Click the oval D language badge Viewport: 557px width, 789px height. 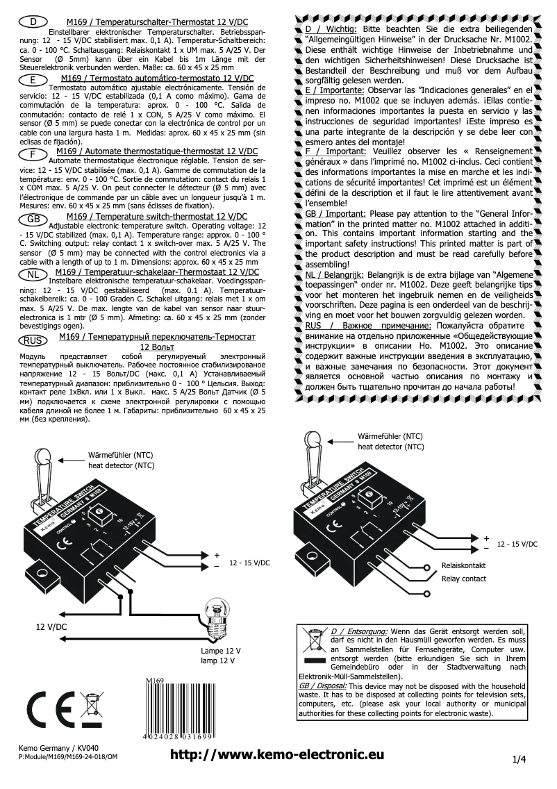pyautogui.click(x=32, y=22)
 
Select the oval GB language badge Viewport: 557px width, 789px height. pyautogui.click(x=32, y=219)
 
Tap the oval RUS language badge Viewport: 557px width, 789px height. pyautogui.click(x=32, y=340)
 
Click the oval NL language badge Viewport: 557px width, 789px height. pyautogui.click(x=32, y=275)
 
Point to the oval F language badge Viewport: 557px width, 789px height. pyautogui.click(x=32, y=153)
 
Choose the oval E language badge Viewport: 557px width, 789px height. pyautogui.click(x=32, y=81)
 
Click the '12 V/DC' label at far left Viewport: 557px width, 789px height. pyautogui.click(x=52, y=626)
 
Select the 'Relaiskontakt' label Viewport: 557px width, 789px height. pyautogui.click(x=463, y=566)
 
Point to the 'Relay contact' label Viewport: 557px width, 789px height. pyautogui.click(x=463, y=579)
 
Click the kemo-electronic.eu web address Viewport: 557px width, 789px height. pyautogui.click(x=277, y=756)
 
